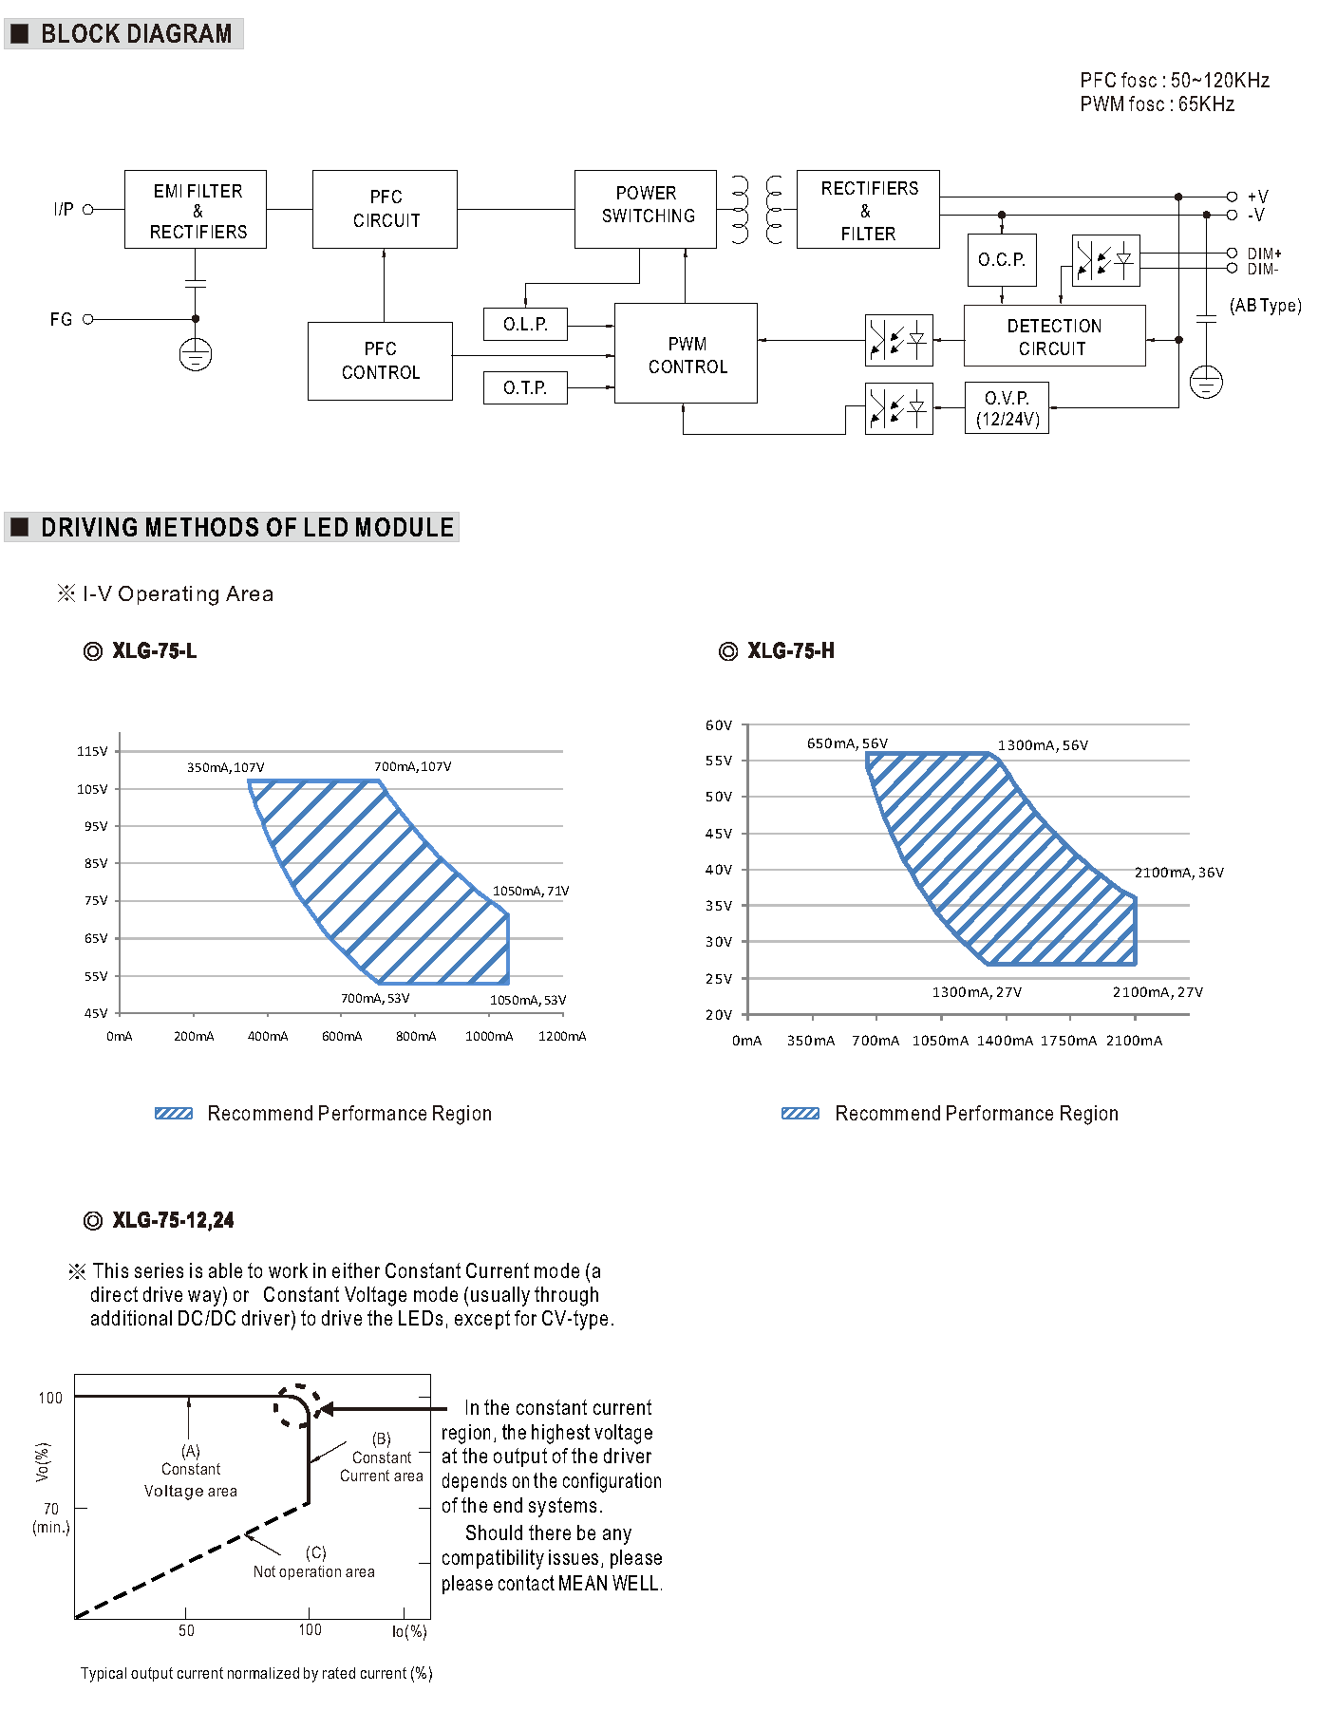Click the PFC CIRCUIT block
click(x=385, y=209)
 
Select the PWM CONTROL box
click(x=686, y=354)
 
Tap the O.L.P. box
click(x=525, y=324)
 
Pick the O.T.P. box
click(x=525, y=387)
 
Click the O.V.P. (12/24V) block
click(x=1007, y=408)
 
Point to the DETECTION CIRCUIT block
click(x=1054, y=336)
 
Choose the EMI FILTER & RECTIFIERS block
click(x=196, y=210)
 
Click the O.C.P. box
click(x=1002, y=259)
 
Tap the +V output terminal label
click(x=1257, y=197)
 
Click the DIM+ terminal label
click(x=1264, y=254)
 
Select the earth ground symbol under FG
click(x=196, y=355)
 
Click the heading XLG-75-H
click(x=790, y=651)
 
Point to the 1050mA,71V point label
click(x=531, y=891)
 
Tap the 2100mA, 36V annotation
click(x=1178, y=873)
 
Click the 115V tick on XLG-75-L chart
click(x=93, y=751)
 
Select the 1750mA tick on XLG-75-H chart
click(x=1068, y=1041)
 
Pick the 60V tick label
click(x=719, y=725)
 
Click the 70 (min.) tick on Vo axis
click(x=51, y=1516)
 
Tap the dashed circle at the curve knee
click(x=297, y=1405)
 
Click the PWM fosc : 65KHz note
click(x=1157, y=104)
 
